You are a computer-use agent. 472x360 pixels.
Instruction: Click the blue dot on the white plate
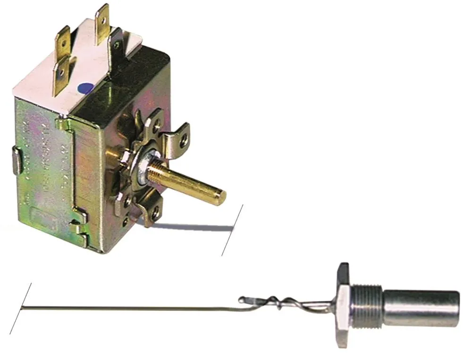tap(86, 88)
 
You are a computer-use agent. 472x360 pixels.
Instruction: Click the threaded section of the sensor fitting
tap(366, 306)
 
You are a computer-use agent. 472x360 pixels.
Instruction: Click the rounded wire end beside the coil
tap(242, 299)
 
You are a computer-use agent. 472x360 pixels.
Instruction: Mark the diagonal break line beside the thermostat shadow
tap(232, 230)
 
